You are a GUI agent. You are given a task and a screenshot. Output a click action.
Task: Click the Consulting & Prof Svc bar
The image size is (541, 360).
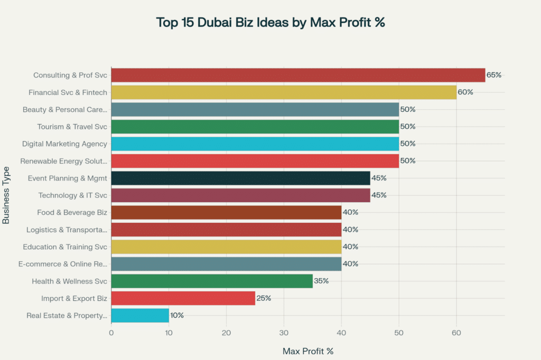click(x=298, y=75)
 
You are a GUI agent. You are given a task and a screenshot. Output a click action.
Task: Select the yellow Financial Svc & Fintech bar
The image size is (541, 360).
click(x=284, y=92)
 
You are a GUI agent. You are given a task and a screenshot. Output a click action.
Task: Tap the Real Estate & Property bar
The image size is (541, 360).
click(x=140, y=316)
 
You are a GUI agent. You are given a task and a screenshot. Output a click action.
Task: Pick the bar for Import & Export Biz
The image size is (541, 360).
click(x=183, y=299)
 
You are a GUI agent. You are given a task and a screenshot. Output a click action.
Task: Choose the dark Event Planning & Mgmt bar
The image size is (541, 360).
click(x=240, y=178)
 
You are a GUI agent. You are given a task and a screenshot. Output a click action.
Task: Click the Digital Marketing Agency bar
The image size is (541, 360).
click(x=255, y=144)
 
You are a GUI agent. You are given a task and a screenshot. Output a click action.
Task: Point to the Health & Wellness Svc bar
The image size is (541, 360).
click(x=212, y=281)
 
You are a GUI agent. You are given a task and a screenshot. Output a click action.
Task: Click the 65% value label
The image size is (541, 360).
click(x=494, y=75)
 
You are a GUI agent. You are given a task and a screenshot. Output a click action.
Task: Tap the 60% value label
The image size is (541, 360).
click(x=465, y=92)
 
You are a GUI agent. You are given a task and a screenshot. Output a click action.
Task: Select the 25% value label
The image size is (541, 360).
click(x=264, y=299)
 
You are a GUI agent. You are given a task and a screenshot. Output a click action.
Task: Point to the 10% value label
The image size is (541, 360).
click(x=177, y=316)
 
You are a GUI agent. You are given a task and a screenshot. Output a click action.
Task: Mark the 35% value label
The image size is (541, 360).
click(x=321, y=281)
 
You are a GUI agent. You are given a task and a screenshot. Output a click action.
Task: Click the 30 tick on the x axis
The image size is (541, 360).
click(x=284, y=333)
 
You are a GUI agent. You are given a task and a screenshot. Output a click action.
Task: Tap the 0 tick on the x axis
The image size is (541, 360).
click(x=111, y=333)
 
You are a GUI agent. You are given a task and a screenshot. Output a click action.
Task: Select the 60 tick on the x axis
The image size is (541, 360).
click(x=456, y=333)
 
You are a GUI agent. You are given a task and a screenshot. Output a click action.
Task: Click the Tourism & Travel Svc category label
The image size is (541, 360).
click(x=72, y=127)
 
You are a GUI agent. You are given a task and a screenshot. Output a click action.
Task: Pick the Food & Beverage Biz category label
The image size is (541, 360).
click(x=72, y=213)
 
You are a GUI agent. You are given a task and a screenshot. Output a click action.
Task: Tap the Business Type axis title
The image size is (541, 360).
click(x=6, y=195)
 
